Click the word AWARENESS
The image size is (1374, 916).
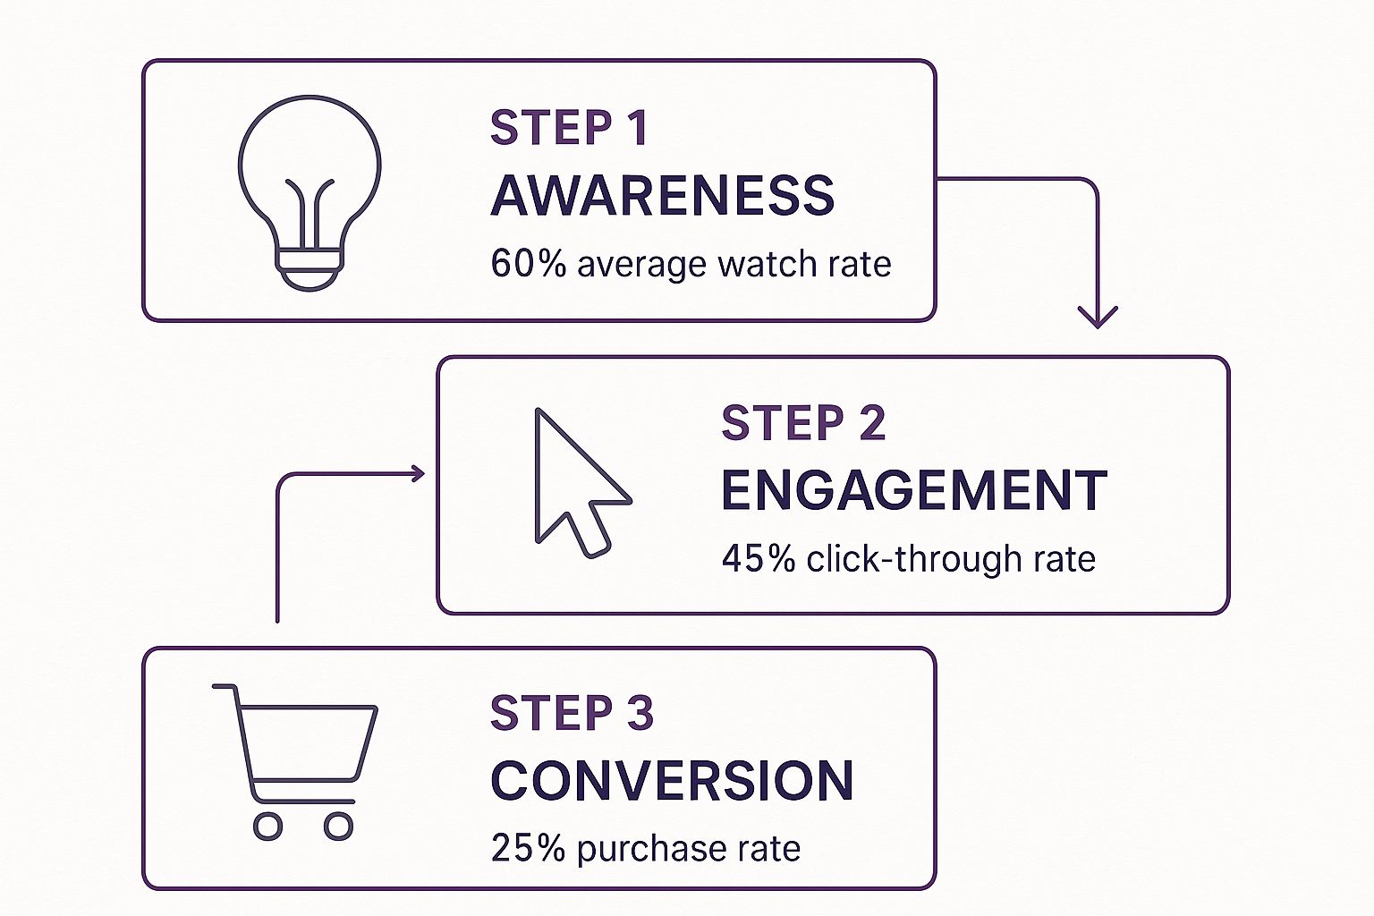pyautogui.click(x=662, y=196)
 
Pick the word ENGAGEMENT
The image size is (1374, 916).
pyautogui.click(x=913, y=490)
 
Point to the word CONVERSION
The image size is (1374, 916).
pyautogui.click(x=672, y=780)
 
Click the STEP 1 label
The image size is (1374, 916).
pyautogui.click(x=568, y=128)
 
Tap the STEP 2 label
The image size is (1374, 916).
pyautogui.click(x=802, y=423)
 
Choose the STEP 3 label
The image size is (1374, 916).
pyautogui.click(x=572, y=713)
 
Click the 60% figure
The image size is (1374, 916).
pyautogui.click(x=528, y=265)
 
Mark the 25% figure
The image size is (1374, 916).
pyautogui.click(x=528, y=848)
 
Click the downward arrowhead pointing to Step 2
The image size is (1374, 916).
pyautogui.click(x=1098, y=318)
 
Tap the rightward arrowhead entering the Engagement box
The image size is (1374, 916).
pyautogui.click(x=417, y=474)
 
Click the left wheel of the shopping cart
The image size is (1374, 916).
pyautogui.click(x=267, y=826)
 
